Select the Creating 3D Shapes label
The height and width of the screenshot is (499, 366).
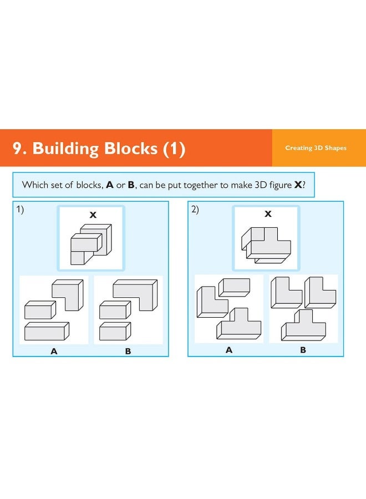(x=316, y=148)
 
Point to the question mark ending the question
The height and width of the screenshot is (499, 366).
(x=304, y=185)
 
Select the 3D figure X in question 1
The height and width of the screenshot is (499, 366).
(x=90, y=243)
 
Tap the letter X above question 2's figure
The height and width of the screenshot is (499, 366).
(x=268, y=214)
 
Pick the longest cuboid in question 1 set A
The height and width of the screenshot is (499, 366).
(x=47, y=331)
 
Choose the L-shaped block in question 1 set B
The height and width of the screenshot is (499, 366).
(x=136, y=294)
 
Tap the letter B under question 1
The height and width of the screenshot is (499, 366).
(x=128, y=351)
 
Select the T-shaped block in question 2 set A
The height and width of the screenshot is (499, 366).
(x=239, y=323)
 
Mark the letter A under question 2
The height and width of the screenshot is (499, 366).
(x=229, y=350)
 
